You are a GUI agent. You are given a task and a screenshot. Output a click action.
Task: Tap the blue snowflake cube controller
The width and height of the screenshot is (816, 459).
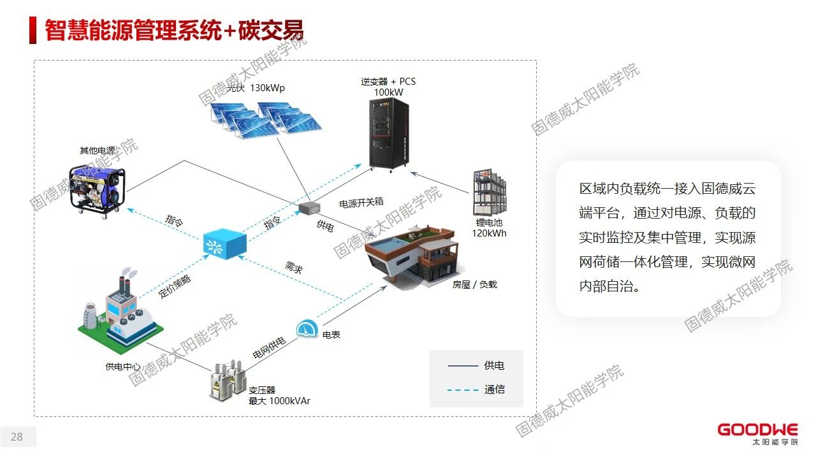coord(224,244)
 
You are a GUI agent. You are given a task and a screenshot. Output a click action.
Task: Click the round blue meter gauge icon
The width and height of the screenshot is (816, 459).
coord(307,330)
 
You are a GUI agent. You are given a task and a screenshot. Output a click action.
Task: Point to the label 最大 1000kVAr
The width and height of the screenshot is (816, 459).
coord(279,401)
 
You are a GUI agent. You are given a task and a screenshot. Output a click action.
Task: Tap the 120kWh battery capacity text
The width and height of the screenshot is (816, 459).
coord(489,233)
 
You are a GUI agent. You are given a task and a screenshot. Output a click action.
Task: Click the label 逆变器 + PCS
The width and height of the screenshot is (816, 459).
coord(388,82)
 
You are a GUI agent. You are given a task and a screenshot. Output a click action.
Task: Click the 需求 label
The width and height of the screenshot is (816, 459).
coord(294,268)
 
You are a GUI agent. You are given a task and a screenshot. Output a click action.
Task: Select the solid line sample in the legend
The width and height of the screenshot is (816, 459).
coord(463,366)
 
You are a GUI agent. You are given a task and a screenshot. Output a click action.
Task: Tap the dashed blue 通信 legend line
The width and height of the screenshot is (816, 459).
coord(463,390)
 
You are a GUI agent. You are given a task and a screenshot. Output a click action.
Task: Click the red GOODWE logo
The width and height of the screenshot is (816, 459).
coord(757,430)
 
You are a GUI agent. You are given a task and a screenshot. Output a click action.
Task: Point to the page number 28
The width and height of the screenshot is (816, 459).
coord(17,437)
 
